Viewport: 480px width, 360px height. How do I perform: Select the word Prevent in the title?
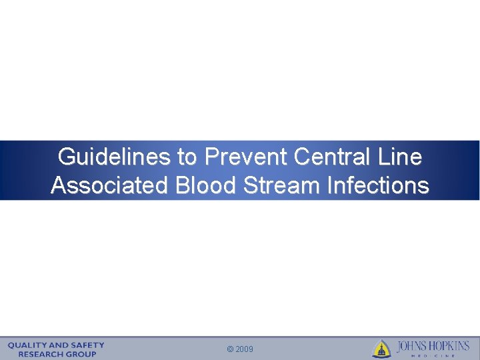pyautogui.click(x=245, y=157)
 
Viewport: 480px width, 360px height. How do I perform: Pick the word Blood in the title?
pyautogui.click(x=205, y=185)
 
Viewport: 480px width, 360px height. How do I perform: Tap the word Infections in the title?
pyautogui.click(x=377, y=185)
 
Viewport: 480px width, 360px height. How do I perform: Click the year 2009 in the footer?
pyautogui.click(x=244, y=349)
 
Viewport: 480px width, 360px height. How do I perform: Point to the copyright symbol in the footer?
pyautogui.click(x=231, y=349)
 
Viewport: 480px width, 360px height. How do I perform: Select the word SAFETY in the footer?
pyautogui.click(x=88, y=345)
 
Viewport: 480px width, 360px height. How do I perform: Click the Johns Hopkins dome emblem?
pyautogui.click(x=382, y=349)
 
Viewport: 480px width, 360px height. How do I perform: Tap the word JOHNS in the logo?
pyautogui.click(x=413, y=347)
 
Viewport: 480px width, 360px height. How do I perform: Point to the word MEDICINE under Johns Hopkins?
pyautogui.click(x=433, y=355)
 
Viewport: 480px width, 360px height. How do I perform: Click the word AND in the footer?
pyautogui.click(x=59, y=345)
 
